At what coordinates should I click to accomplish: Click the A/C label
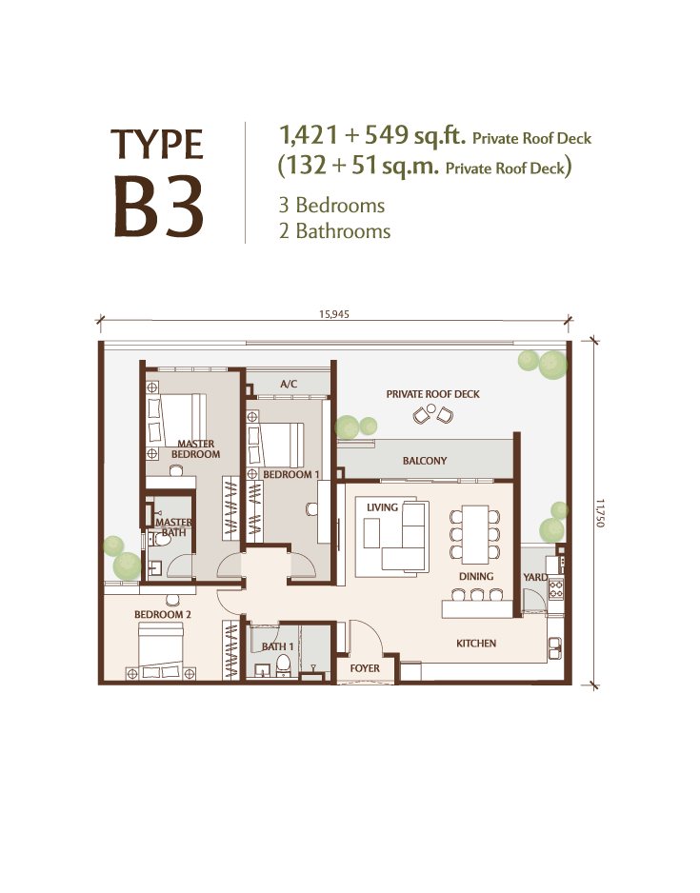289,384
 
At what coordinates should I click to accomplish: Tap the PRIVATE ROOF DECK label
433,394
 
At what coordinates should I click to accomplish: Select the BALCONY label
425,461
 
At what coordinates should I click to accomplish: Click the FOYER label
365,668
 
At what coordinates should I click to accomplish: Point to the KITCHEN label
476,644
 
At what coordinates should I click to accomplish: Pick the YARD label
535,578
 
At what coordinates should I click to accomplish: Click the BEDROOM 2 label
163,614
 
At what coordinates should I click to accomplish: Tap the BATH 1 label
277,646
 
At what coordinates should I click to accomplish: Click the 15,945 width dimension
334,314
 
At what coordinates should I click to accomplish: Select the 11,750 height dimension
600,514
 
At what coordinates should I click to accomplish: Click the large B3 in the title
159,207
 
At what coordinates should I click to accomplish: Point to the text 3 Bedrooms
331,205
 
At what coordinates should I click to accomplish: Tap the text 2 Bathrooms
334,231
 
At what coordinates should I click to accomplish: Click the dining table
475,534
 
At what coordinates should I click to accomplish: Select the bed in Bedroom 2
161,650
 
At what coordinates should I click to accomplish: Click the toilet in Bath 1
283,665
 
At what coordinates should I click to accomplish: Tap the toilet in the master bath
161,538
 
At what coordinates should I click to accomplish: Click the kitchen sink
554,648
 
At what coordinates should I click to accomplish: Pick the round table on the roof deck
431,408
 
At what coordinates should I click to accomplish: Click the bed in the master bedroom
183,420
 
